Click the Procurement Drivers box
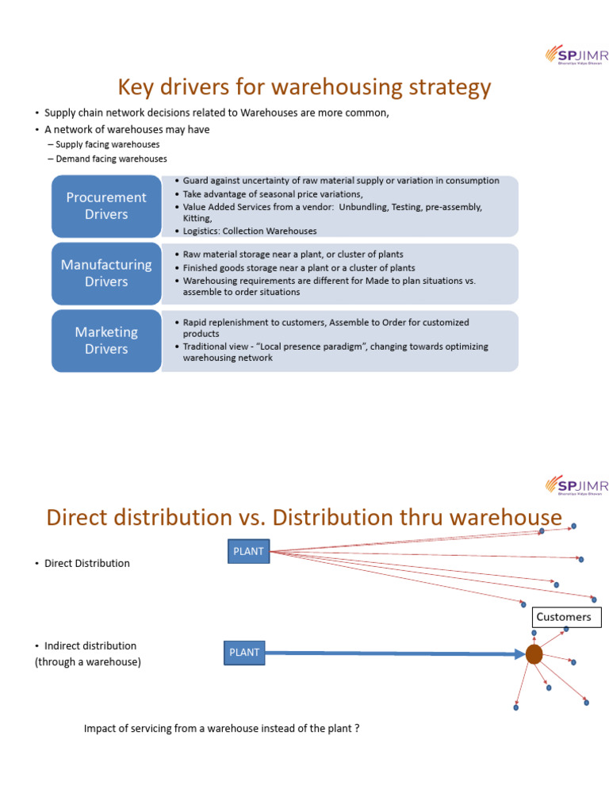pyautogui.click(x=106, y=206)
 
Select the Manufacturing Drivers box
pyautogui.click(x=106, y=274)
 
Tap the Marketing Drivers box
pyautogui.click(x=106, y=340)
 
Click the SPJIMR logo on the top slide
pyautogui.click(x=576, y=54)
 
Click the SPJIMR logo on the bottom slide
pyautogui.click(x=576, y=485)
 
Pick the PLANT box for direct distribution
pyautogui.click(x=248, y=552)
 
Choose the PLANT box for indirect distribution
pyautogui.click(x=244, y=653)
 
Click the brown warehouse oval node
pyautogui.click(x=534, y=654)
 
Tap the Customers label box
pyautogui.click(x=564, y=617)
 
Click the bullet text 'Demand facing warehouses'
pyautogui.click(x=111, y=159)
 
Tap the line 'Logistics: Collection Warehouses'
pyautogui.click(x=250, y=231)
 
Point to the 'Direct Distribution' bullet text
pyautogui.click(x=86, y=563)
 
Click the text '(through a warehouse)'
pyautogui.click(x=88, y=661)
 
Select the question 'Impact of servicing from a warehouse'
pyautogui.click(x=221, y=728)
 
